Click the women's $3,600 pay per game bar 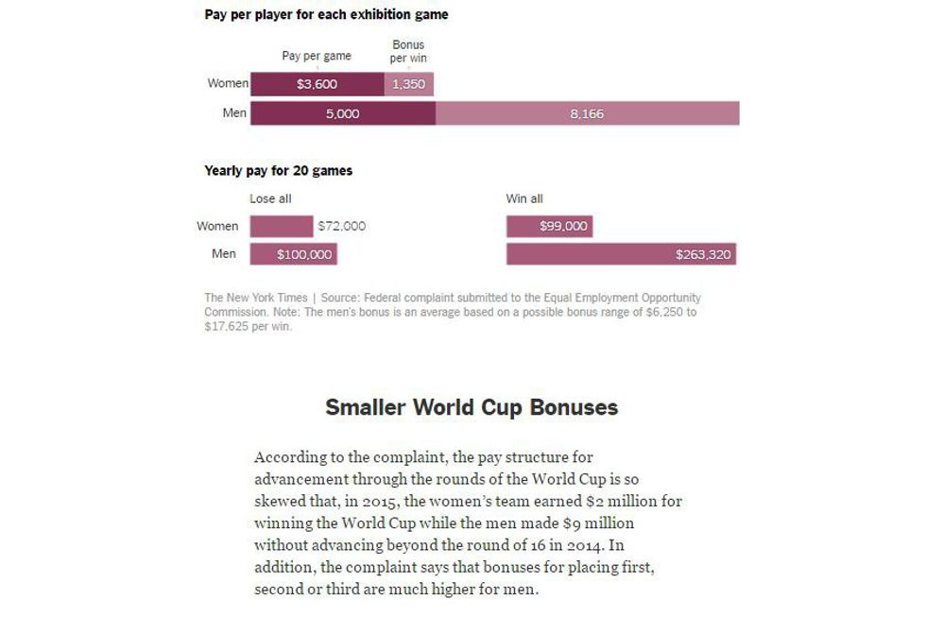tap(317, 84)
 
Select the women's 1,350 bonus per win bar tap(408, 84)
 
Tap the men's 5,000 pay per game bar tap(342, 114)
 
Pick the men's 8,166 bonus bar tap(587, 114)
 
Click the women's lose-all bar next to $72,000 tap(281, 226)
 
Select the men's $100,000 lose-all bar tap(293, 254)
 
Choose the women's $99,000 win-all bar tap(549, 226)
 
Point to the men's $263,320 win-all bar tap(621, 254)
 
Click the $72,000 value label tap(341, 226)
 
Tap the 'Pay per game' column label tap(317, 56)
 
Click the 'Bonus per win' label tap(408, 51)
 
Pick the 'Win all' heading tap(524, 198)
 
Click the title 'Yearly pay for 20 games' tap(279, 171)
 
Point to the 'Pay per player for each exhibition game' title tap(326, 15)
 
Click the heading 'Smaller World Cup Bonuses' tap(472, 407)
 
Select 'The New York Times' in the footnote tap(256, 298)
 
